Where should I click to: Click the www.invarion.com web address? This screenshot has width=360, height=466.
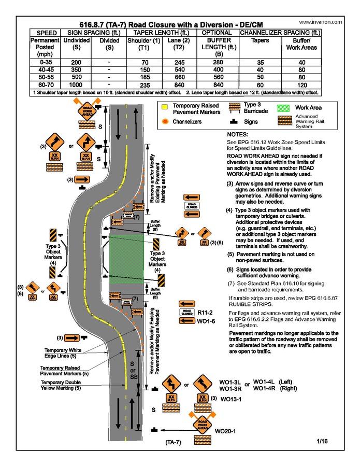321,23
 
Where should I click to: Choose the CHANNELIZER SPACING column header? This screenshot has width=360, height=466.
280,32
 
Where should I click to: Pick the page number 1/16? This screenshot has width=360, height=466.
322,442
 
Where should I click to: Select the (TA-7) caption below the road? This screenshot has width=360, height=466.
173,443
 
